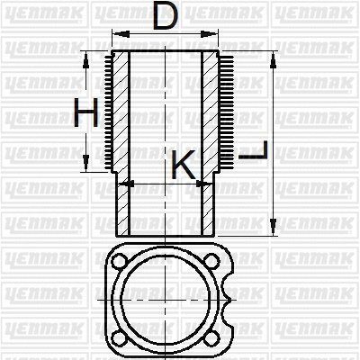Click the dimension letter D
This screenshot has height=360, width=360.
164,17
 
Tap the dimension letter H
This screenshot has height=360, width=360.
85,115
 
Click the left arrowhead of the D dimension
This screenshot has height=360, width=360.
115,33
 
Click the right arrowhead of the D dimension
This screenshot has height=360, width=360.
215,33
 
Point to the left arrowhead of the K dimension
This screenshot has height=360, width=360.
125,183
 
